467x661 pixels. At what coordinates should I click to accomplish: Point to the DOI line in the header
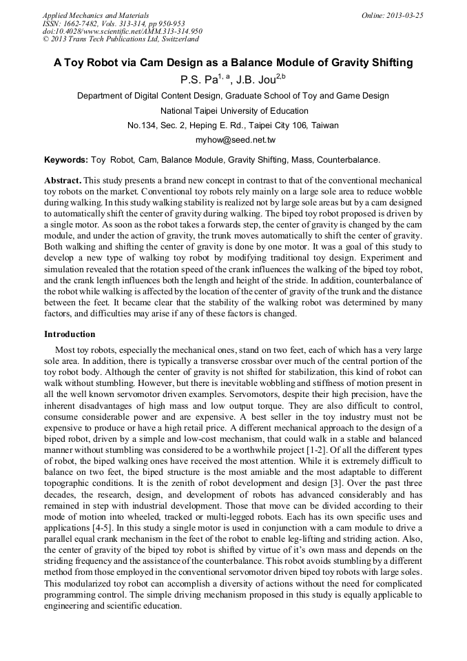pos(123,31)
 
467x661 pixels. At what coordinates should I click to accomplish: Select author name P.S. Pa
pos(198,79)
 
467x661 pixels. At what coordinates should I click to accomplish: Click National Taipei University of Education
pos(234,110)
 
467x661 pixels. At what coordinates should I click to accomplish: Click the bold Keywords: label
pos(66,159)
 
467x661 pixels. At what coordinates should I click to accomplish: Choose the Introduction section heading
pos(70,334)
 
